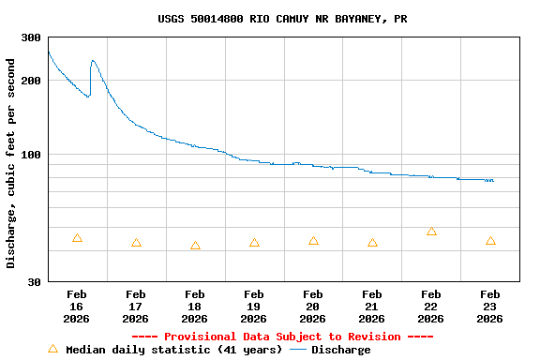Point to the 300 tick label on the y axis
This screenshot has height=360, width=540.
coord(31,37)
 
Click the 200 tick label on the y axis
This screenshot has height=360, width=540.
coord(31,81)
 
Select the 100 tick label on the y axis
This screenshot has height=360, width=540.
coord(31,155)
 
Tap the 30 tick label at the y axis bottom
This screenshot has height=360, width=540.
coord(34,281)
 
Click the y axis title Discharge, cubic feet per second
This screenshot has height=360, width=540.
coord(11,163)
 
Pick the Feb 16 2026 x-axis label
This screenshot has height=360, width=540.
coord(77,307)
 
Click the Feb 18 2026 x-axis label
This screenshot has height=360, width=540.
coord(195,307)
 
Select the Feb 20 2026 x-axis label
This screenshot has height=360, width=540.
coord(313,307)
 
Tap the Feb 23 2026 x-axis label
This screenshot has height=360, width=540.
coord(490,307)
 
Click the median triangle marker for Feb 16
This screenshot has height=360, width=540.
coord(77,238)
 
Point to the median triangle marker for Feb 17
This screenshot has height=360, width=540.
coord(136,243)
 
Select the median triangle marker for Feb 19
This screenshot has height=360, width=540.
coord(254,243)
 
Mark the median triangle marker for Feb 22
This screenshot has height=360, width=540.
coord(431,231)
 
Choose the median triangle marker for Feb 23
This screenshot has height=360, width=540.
coord(490,241)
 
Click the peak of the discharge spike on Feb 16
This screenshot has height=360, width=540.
coord(93,61)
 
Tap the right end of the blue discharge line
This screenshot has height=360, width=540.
coord(492,180)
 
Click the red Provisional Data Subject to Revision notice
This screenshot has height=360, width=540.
coord(282,337)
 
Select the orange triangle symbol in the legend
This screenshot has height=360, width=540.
coord(52,349)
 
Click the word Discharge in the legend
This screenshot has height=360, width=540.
coord(340,350)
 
